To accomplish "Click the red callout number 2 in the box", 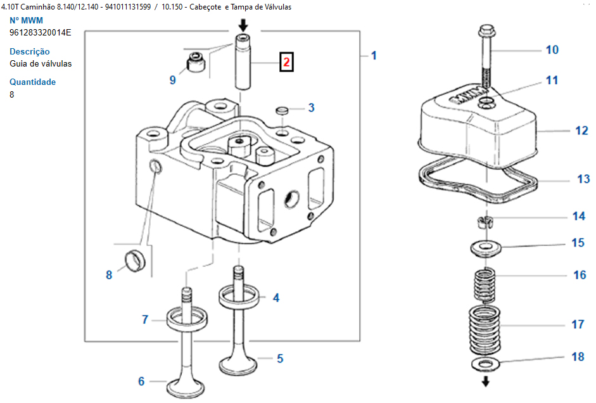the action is click(286, 61).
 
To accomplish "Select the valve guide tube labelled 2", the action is click(243, 61).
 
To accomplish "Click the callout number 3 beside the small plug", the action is click(312, 108).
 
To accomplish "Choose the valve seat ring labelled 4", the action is click(239, 297).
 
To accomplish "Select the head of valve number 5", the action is click(238, 364).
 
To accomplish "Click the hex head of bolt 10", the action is click(486, 30).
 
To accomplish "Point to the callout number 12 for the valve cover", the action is click(581, 131).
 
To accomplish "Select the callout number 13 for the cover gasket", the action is click(583, 179).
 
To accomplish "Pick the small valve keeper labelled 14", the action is click(485, 222).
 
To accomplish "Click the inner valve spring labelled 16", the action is click(485, 285).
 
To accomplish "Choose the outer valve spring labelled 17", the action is click(485, 329).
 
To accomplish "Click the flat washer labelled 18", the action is click(486, 364).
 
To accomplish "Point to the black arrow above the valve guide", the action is click(243, 26).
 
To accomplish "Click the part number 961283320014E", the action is click(41, 33).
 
